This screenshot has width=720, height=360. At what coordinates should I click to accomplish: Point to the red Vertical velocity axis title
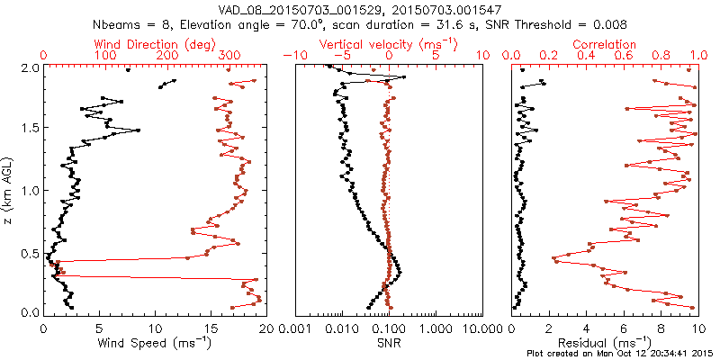[388, 44]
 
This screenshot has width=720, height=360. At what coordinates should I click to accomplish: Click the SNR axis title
[388, 342]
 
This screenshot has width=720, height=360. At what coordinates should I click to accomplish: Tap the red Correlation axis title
[605, 44]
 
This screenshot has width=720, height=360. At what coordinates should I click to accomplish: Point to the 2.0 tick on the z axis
[29, 67]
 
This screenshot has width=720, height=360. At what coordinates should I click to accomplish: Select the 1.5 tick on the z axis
[29, 129]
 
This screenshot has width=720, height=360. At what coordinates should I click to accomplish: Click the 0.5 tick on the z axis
[29, 252]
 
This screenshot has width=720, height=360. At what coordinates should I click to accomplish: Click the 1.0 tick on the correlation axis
[695, 56]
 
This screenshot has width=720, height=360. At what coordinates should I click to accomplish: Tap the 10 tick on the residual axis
[695, 328]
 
